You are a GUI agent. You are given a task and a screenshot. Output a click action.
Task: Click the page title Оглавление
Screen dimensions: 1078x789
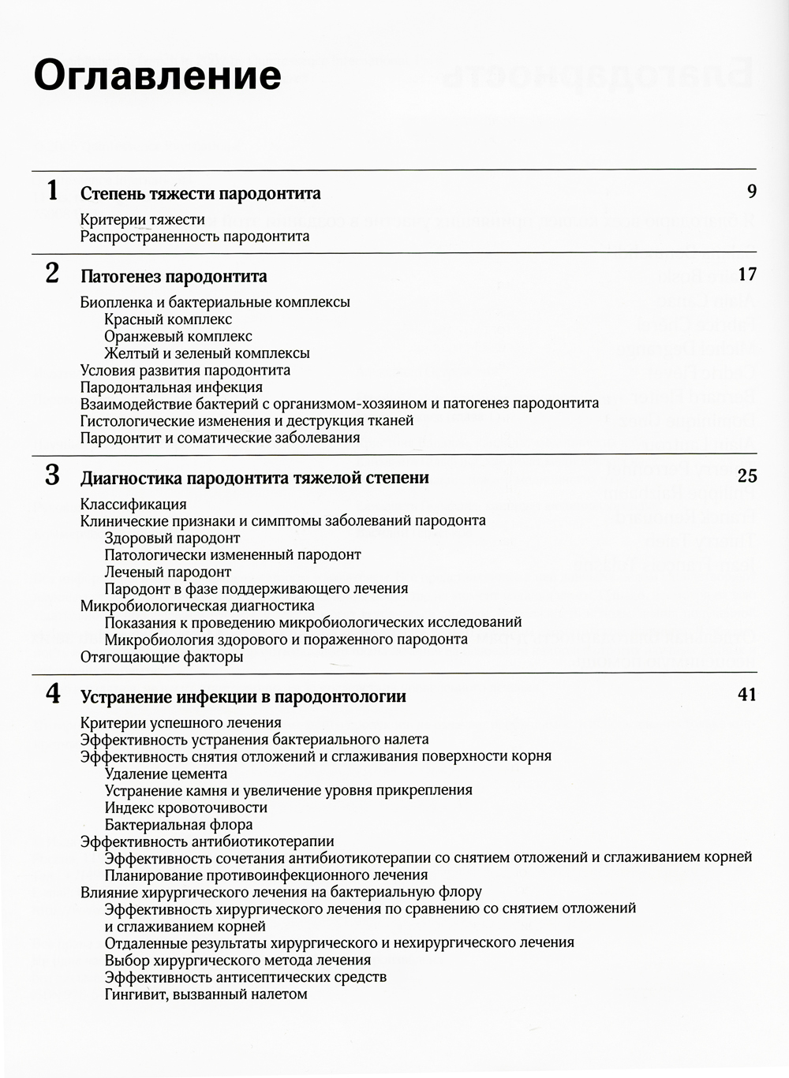click(158, 76)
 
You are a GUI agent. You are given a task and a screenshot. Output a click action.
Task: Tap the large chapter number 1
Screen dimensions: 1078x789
click(52, 192)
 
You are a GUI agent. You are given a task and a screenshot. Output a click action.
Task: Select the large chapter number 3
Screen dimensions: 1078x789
click(52, 476)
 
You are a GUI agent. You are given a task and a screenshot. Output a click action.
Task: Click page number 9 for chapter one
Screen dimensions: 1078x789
click(751, 192)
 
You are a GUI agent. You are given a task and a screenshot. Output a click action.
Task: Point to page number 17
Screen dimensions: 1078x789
click(746, 274)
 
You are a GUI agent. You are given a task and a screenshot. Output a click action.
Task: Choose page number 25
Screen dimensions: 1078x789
click(746, 476)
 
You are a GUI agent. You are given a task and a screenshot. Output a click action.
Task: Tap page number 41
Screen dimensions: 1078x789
click(746, 695)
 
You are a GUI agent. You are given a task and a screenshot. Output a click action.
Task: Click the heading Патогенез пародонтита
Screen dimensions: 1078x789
click(174, 277)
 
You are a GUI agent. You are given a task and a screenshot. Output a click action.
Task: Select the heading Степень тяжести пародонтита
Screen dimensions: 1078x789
click(200, 194)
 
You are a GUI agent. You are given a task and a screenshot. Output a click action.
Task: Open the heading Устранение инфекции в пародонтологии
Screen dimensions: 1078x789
click(243, 697)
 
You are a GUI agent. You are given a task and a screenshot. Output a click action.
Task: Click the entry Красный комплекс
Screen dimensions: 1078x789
click(168, 319)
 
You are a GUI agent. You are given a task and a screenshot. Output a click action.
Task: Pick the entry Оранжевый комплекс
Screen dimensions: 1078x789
click(178, 337)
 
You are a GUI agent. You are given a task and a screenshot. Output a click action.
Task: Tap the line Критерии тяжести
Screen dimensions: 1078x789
click(142, 219)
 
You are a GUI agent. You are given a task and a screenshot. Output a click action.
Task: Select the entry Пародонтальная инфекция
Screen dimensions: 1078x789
click(171, 387)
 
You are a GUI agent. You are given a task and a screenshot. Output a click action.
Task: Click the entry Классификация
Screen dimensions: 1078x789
click(133, 505)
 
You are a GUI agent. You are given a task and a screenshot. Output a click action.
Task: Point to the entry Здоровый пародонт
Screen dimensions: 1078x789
click(172, 539)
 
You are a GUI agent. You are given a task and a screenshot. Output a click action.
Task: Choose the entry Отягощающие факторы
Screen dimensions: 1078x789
click(162, 657)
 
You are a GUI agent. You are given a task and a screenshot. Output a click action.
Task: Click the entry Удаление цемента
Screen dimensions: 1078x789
click(166, 774)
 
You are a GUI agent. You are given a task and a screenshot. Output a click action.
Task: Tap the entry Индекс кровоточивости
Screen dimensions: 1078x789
click(185, 808)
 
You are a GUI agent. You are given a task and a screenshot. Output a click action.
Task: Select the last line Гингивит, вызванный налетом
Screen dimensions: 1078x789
click(205, 994)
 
